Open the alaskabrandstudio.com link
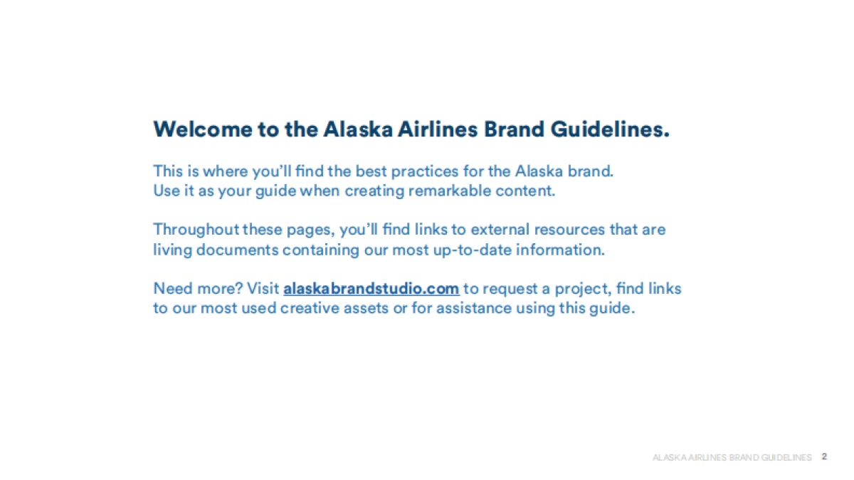point(371,289)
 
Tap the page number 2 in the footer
point(824,457)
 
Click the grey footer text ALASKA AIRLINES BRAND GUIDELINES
point(732,457)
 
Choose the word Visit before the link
point(263,289)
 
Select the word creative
point(310,309)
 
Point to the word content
point(528,191)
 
